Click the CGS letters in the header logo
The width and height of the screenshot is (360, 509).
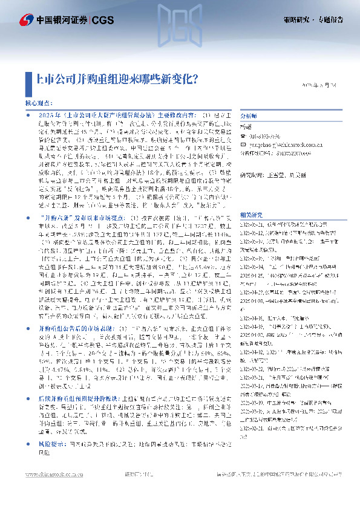[x=100, y=20]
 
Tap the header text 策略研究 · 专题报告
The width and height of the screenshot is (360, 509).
[x=313, y=19]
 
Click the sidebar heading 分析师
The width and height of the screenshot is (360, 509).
[x=249, y=115]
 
